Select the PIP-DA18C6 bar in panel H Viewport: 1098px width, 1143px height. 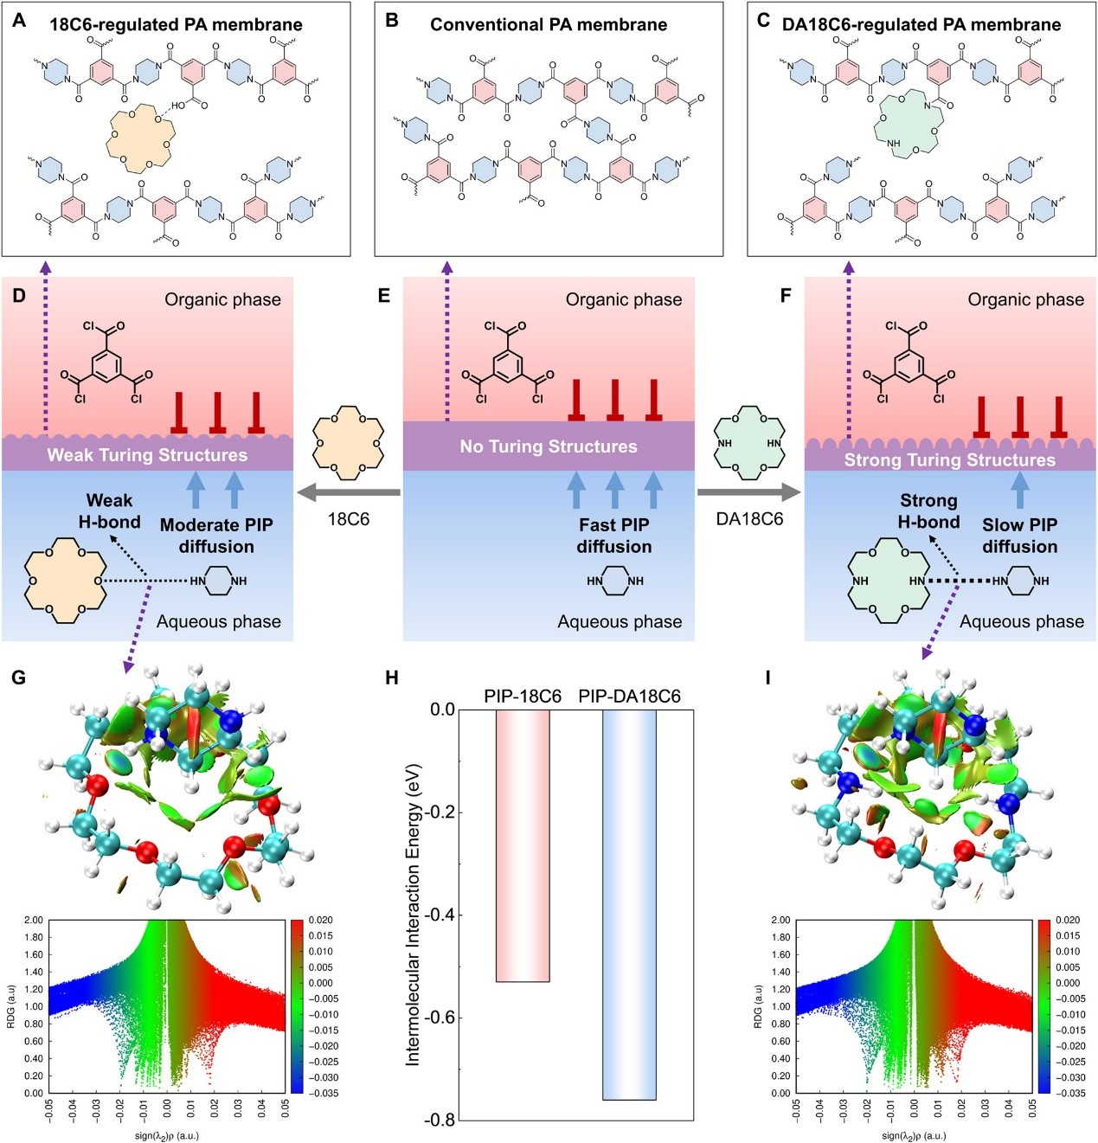point(629,904)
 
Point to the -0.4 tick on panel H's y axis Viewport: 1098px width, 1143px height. point(439,915)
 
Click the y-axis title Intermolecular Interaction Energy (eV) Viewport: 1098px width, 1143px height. point(414,915)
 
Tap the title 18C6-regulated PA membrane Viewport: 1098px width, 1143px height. point(176,24)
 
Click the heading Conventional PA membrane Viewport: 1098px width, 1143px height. point(549,24)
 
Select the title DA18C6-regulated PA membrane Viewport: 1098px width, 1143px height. point(921,24)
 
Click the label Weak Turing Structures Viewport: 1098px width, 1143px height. point(147,455)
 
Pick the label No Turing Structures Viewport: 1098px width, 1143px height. point(549,446)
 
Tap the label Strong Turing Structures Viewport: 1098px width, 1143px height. point(950,460)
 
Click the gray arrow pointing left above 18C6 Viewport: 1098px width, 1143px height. point(348,493)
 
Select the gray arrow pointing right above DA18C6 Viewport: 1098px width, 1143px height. point(749,493)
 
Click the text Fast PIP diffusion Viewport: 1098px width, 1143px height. point(614,536)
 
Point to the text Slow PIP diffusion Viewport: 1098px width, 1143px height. point(1019,536)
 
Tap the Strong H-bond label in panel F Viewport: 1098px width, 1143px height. point(928,510)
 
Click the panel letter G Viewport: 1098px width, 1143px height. point(18,677)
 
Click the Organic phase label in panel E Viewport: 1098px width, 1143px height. point(624,299)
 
